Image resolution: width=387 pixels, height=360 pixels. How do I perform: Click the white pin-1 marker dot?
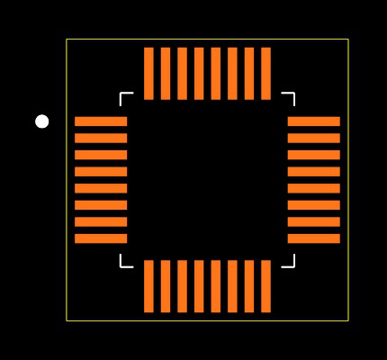click(x=41, y=121)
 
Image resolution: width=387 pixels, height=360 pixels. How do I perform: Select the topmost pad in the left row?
click(x=101, y=121)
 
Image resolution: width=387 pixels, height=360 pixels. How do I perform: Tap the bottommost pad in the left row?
click(x=101, y=238)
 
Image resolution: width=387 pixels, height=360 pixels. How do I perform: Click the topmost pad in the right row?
click(x=313, y=121)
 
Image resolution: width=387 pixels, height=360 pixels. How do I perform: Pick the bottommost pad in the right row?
click(x=313, y=238)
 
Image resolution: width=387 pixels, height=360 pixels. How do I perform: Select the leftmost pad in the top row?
click(x=148, y=74)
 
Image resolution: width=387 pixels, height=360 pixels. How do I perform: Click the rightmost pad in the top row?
click(x=265, y=74)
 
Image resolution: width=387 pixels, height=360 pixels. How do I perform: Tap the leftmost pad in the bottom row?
click(x=148, y=286)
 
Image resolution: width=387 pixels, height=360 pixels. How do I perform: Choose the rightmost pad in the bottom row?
click(x=265, y=286)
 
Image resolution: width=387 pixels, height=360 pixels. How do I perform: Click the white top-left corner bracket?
click(x=122, y=95)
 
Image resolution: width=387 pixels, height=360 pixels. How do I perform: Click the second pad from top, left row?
click(x=101, y=138)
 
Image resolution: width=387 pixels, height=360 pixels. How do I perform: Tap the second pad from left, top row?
click(x=166, y=74)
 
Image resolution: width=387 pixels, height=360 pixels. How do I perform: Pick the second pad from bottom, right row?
click(x=313, y=221)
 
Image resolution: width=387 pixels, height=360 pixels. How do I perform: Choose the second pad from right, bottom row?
click(x=249, y=286)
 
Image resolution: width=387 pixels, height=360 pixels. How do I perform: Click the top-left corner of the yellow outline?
click(x=67, y=40)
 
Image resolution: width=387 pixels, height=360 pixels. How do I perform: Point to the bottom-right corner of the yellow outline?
click(x=347, y=319)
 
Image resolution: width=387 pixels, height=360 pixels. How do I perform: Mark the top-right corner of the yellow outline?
click(x=347, y=40)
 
